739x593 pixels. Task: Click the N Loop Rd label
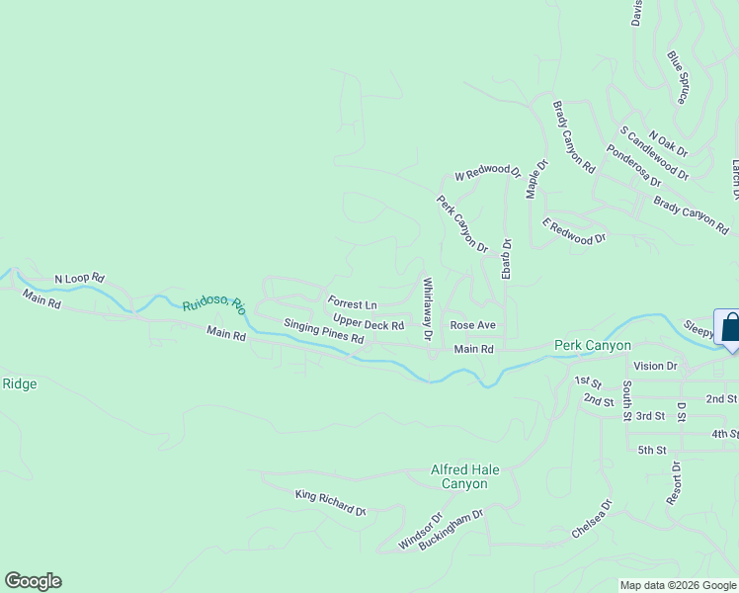pyautogui.click(x=79, y=279)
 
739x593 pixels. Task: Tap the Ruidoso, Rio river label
pyautogui.click(x=213, y=306)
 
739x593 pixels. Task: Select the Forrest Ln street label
pyautogui.click(x=353, y=304)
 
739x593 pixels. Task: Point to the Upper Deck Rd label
pyautogui.click(x=369, y=323)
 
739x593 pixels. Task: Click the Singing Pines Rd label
pyautogui.click(x=324, y=331)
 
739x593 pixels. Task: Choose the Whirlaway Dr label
pyautogui.click(x=428, y=309)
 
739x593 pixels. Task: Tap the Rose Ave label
pyautogui.click(x=472, y=325)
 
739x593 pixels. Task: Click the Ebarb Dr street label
pyautogui.click(x=506, y=259)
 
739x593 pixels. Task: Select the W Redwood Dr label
pyautogui.click(x=487, y=174)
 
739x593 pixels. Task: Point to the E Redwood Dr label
pyautogui.click(x=573, y=232)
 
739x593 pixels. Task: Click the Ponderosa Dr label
pyautogui.click(x=634, y=166)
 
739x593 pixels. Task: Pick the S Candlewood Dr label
pyautogui.click(x=654, y=153)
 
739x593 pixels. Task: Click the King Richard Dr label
pyautogui.click(x=331, y=502)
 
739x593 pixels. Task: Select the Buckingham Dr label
pyautogui.click(x=451, y=529)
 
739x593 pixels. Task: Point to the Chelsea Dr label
pyautogui.click(x=592, y=520)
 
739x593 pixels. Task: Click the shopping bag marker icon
pyautogui.click(x=731, y=329)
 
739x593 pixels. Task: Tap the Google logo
pyautogui.click(x=33, y=581)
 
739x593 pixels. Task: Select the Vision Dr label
pyautogui.click(x=656, y=366)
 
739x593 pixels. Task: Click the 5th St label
pyautogui.click(x=652, y=450)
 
